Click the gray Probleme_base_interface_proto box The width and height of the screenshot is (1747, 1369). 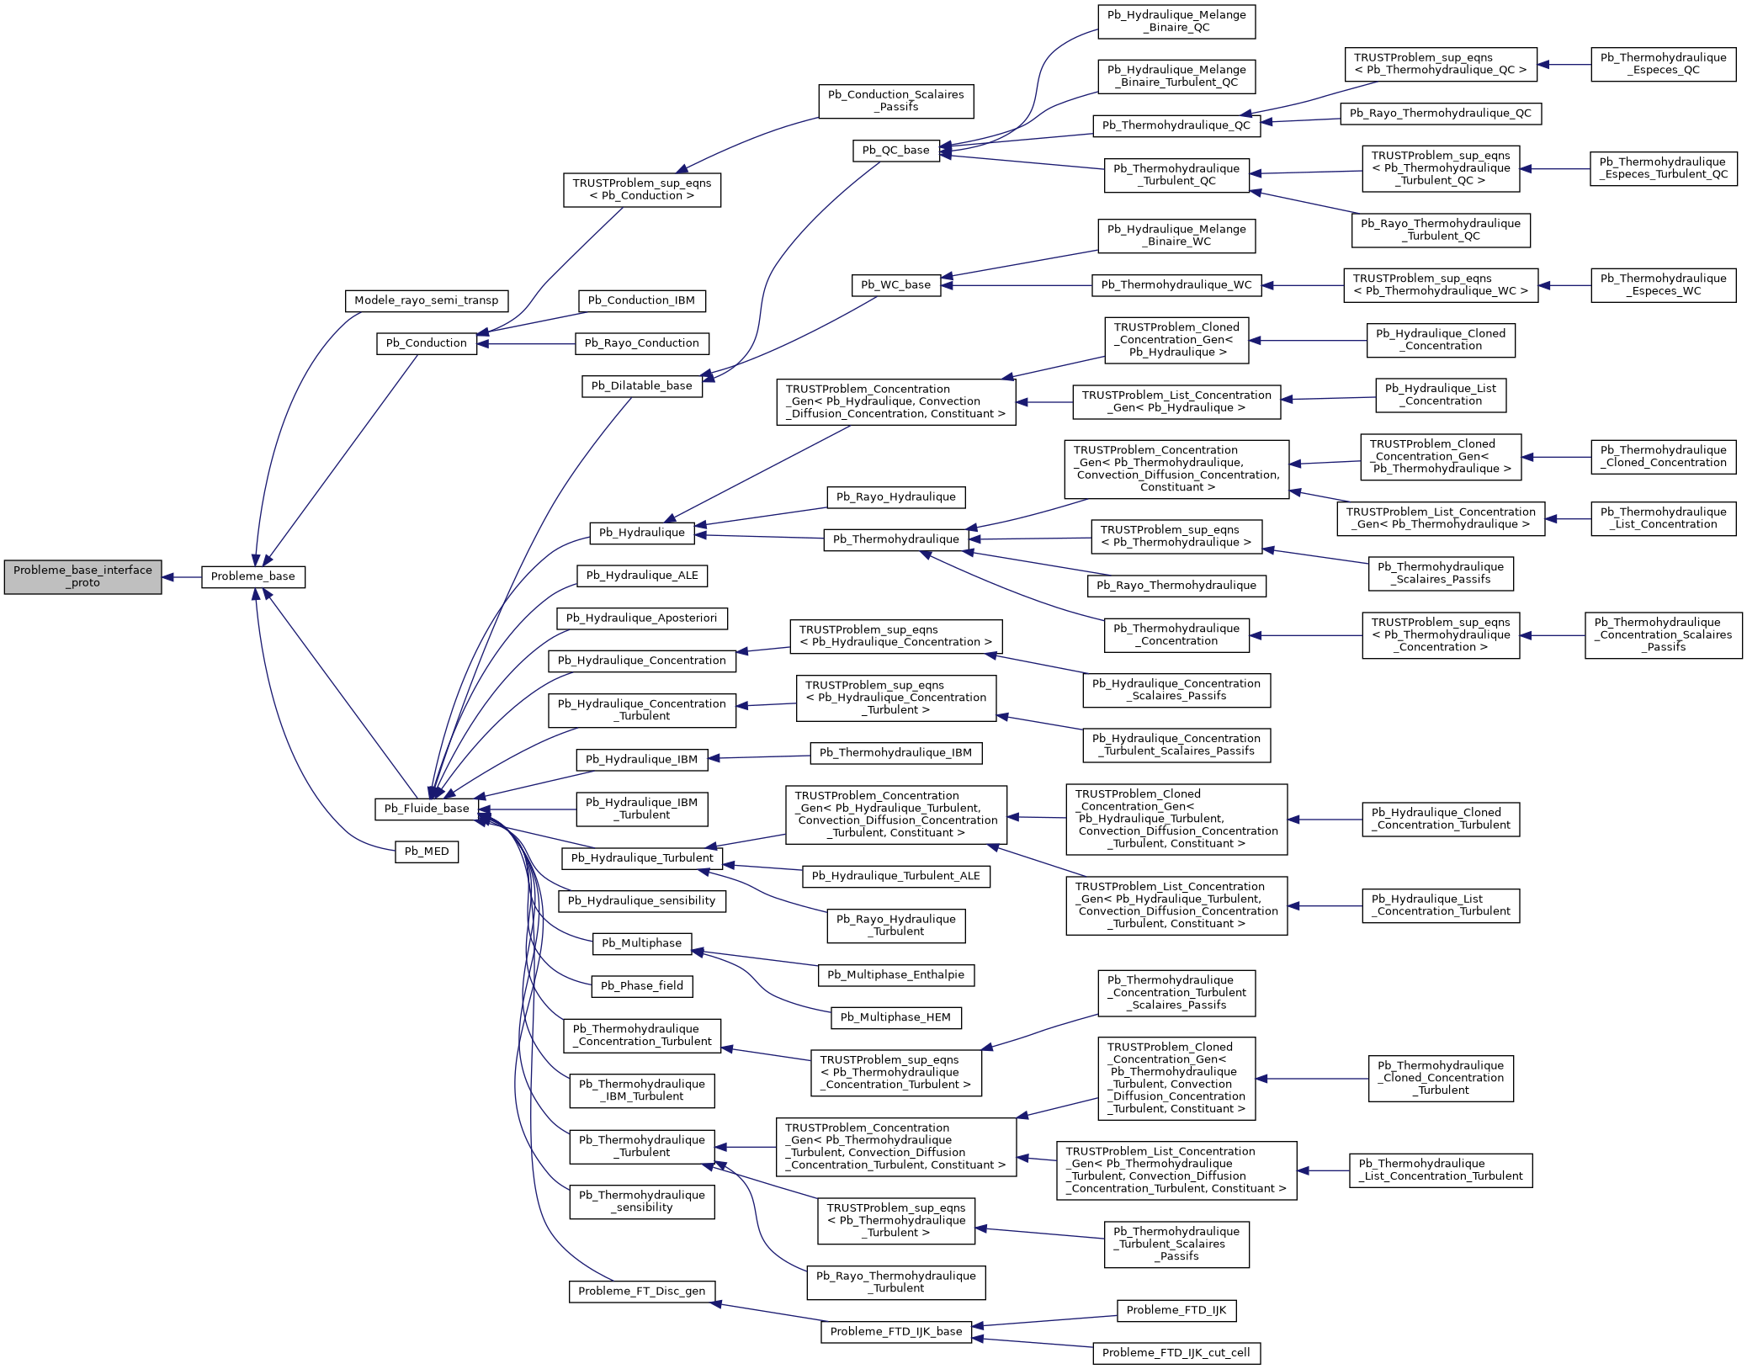point(82,576)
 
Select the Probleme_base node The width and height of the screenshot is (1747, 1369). point(252,576)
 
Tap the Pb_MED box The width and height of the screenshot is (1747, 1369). point(427,852)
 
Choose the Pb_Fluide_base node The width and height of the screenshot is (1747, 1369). point(427,809)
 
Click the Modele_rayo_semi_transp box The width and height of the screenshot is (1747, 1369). point(426,300)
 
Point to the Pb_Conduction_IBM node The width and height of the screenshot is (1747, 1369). point(641,300)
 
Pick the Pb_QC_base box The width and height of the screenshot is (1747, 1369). point(895,151)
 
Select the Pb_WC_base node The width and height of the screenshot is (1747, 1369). point(895,285)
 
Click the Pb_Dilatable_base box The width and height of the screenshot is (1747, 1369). point(641,386)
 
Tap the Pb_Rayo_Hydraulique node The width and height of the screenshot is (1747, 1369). point(895,497)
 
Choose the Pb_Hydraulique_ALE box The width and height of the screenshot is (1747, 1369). point(641,576)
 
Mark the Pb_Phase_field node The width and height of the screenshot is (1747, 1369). point(641,986)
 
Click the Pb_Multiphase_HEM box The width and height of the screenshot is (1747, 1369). point(895,1017)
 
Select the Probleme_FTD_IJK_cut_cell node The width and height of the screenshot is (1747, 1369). point(1176,1353)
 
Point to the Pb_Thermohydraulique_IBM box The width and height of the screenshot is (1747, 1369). point(895,753)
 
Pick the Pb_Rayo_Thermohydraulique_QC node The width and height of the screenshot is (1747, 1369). point(1440,114)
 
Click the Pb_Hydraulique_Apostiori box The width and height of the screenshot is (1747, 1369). point(641,618)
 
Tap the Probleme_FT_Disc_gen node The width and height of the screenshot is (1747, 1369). point(641,1292)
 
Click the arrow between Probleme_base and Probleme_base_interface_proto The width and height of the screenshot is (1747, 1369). point(182,577)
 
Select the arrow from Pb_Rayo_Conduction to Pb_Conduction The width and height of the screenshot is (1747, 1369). point(526,343)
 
